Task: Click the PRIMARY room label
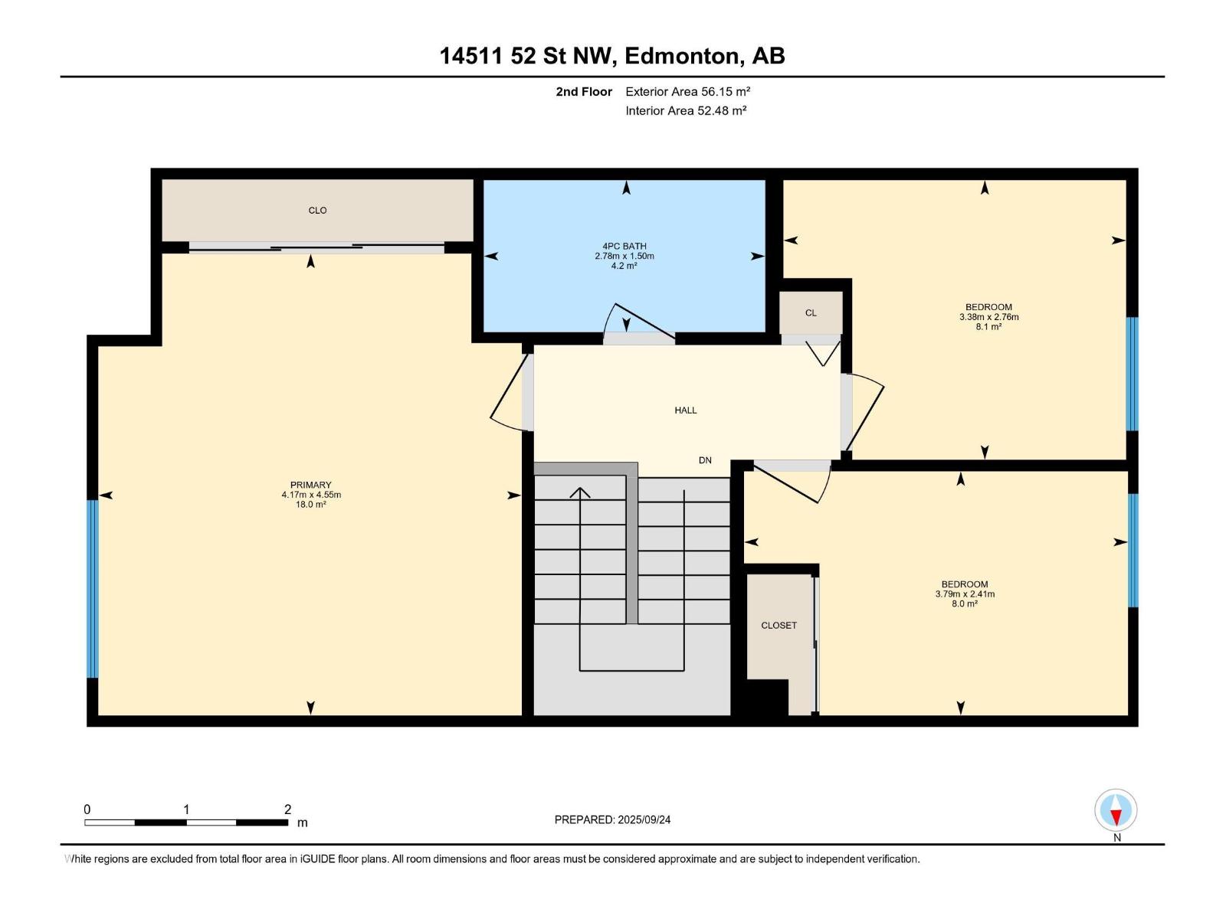pyautogui.click(x=310, y=485)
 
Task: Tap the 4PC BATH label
pyautogui.click(x=624, y=246)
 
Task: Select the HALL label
pyautogui.click(x=685, y=410)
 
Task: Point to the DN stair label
pyautogui.click(x=705, y=460)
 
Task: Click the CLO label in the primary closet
pyautogui.click(x=317, y=211)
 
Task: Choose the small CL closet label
pyautogui.click(x=811, y=313)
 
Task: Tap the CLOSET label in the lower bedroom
pyautogui.click(x=779, y=626)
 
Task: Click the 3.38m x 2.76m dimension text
pyautogui.click(x=988, y=317)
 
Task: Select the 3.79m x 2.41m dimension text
pyautogui.click(x=965, y=594)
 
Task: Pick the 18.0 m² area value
pyautogui.click(x=310, y=505)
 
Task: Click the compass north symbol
pyautogui.click(x=1116, y=810)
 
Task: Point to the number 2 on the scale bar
pyautogui.click(x=287, y=809)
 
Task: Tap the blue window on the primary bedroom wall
pyautogui.click(x=93, y=589)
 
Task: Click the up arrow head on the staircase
pyautogui.click(x=580, y=492)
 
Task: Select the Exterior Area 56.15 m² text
pyautogui.click(x=687, y=91)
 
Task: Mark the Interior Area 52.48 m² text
pyautogui.click(x=686, y=110)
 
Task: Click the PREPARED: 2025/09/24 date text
pyautogui.click(x=612, y=819)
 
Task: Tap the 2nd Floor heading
pyautogui.click(x=584, y=91)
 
